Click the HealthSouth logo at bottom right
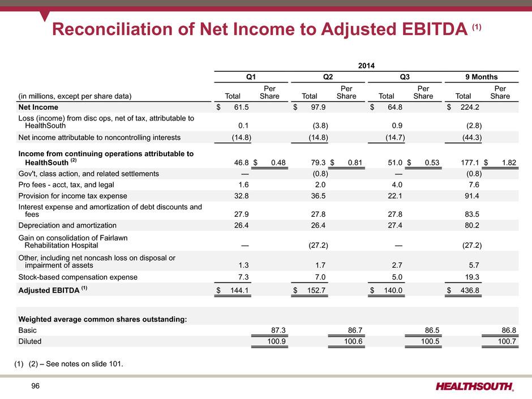click(x=475, y=387)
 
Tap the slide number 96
click(x=35, y=386)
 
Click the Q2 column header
click(x=328, y=76)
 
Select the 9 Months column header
click(x=482, y=76)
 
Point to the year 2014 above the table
click(x=366, y=66)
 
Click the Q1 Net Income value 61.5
click(x=241, y=107)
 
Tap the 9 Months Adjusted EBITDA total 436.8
click(x=470, y=290)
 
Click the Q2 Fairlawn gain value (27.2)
click(x=318, y=245)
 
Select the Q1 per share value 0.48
click(x=278, y=162)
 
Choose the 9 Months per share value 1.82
click(x=509, y=162)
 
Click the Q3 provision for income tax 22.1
click(x=395, y=196)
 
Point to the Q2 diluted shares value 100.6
click(x=353, y=341)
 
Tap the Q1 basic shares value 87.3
click(x=278, y=330)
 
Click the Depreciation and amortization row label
click(x=67, y=225)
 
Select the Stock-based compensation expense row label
click(x=78, y=277)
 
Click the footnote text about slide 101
click(x=68, y=364)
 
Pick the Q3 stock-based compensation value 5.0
click(x=397, y=277)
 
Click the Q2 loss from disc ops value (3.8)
click(x=320, y=126)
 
